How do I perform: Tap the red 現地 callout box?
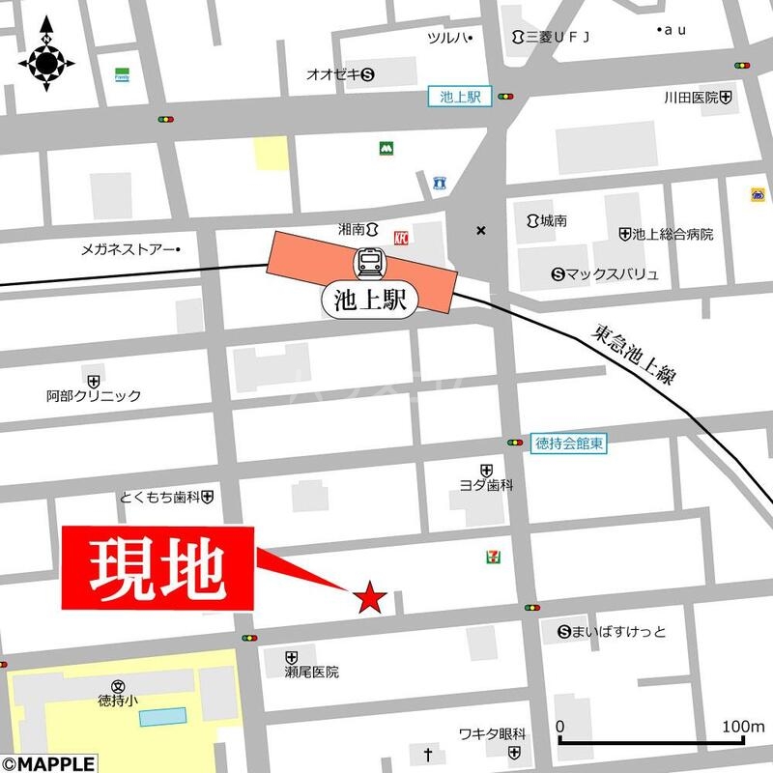[x=158, y=568]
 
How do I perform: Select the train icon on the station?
[x=369, y=262]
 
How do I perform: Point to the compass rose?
[x=46, y=63]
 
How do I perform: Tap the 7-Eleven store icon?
[x=494, y=557]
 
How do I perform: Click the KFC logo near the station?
[x=401, y=235]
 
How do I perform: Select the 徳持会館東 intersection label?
[x=569, y=444]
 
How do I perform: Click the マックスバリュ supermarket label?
[x=606, y=274]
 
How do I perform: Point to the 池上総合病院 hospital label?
[x=667, y=234]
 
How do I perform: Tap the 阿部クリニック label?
[x=94, y=395]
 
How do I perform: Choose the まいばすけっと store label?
[x=613, y=633]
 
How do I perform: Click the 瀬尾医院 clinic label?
[x=311, y=672]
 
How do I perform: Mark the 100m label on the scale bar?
[x=744, y=726]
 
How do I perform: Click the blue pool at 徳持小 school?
[x=162, y=716]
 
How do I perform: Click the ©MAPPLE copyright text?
[x=47, y=763]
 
